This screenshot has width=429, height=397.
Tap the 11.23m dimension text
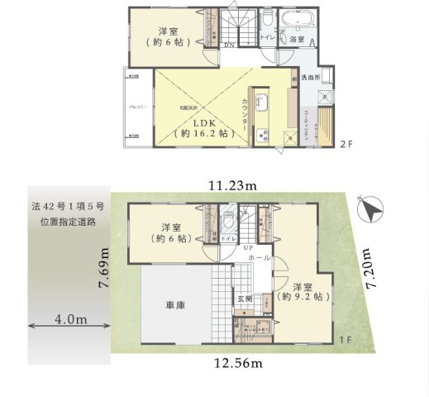point(231,185)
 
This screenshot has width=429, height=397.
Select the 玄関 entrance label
point(245,299)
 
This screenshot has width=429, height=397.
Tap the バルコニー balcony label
point(137,107)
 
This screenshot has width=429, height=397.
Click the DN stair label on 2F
point(228,46)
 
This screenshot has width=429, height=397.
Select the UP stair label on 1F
point(246,248)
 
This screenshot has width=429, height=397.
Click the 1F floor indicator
point(348,340)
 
